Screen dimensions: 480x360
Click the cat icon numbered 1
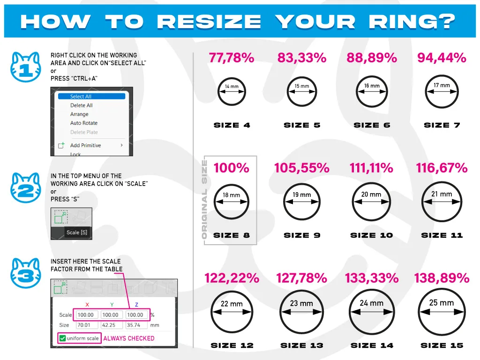pyautogui.click(x=26, y=67)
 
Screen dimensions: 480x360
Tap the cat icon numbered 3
pyautogui.click(x=26, y=273)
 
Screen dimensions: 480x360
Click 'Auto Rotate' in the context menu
pyautogui.click(x=84, y=123)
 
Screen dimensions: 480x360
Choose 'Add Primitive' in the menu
pyautogui.click(x=85, y=145)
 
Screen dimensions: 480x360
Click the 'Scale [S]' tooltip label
pyautogui.click(x=77, y=232)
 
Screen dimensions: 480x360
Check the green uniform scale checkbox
pyautogui.click(x=62, y=338)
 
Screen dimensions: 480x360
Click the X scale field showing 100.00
pyautogui.click(x=86, y=315)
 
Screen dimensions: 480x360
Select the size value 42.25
pyautogui.click(x=109, y=325)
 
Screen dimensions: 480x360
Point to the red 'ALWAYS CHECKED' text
pyautogui.click(x=129, y=338)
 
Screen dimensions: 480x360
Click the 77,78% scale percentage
pyautogui.click(x=232, y=58)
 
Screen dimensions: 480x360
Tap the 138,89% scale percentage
pyautogui.click(x=442, y=278)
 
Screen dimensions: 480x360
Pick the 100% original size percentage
pyautogui.click(x=232, y=168)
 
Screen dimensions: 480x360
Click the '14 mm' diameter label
pyautogui.click(x=232, y=86)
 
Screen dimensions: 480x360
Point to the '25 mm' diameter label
pyautogui.click(x=442, y=303)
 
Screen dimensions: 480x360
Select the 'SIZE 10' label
pyautogui.click(x=372, y=235)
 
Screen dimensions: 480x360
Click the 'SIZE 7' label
pyautogui.click(x=442, y=125)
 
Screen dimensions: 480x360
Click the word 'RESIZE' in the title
pyautogui.click(x=209, y=22)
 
